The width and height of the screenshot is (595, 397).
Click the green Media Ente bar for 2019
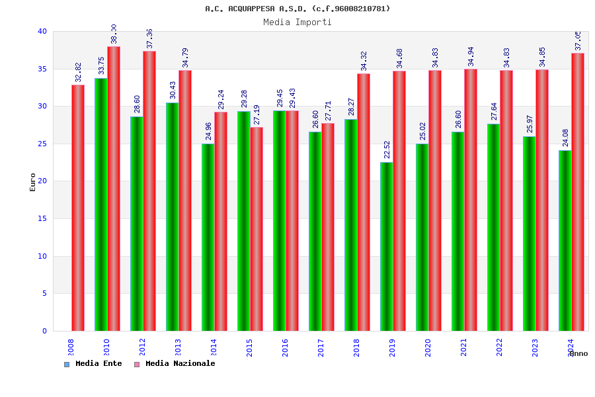coord(386,246)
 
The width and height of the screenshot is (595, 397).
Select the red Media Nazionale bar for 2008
coord(78,208)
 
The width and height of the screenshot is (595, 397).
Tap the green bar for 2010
coord(100,204)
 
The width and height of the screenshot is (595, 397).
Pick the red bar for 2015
coord(257,229)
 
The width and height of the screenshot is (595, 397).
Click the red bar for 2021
coord(471,200)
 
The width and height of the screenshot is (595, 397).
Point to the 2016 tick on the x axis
coord(286,347)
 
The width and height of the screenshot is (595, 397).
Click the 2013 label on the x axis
coord(178,347)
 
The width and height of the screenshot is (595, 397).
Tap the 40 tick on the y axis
coord(42,31)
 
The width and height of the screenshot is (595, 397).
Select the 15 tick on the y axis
coord(42,218)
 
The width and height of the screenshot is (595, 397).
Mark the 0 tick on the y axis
coord(44,331)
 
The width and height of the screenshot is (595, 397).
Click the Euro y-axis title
coord(33,182)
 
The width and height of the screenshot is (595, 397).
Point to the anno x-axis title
coord(578,353)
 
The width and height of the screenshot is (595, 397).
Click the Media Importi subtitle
coord(297,22)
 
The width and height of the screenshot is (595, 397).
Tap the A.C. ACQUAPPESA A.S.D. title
coord(297,9)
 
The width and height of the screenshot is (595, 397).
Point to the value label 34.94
coord(471,58)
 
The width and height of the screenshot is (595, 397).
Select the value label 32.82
coord(78,72)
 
